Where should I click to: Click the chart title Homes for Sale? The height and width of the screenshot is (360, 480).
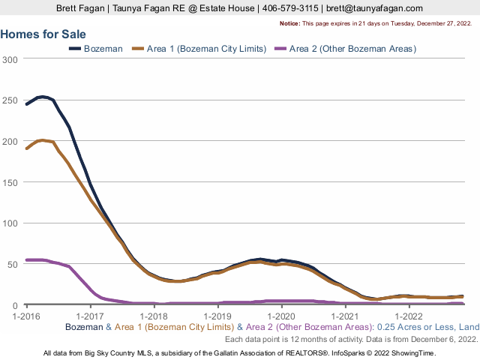click(43, 34)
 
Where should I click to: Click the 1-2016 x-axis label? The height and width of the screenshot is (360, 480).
click(27, 315)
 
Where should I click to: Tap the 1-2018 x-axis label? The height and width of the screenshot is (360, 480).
click(154, 315)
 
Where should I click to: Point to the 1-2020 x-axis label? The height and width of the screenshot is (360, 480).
click(281, 315)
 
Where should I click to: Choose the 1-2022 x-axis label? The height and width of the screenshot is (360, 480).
click(408, 315)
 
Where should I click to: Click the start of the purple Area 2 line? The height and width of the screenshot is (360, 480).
click(27, 260)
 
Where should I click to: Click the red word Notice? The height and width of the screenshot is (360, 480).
click(289, 24)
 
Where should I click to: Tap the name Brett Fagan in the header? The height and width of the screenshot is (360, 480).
click(82, 7)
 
